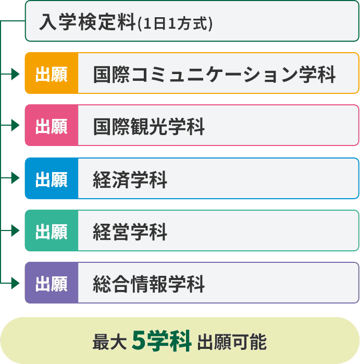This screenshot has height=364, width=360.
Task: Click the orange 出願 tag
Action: (x=52, y=74)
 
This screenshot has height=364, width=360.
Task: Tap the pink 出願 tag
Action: (x=52, y=126)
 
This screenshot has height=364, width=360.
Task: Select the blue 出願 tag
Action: (x=52, y=179)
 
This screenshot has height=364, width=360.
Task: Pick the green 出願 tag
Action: (x=52, y=231)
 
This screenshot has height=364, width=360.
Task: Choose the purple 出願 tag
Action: (x=52, y=283)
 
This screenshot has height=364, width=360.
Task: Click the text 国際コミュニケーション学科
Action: (x=214, y=74)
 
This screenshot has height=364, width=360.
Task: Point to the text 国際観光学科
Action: (x=149, y=126)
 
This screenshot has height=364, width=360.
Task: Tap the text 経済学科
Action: (x=130, y=179)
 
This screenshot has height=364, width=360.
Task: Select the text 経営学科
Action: (x=130, y=231)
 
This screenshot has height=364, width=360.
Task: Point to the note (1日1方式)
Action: (x=175, y=23)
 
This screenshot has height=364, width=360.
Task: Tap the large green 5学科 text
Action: (x=162, y=341)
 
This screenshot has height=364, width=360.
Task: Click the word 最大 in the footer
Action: (x=109, y=343)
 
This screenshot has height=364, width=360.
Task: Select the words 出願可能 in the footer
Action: (x=232, y=343)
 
